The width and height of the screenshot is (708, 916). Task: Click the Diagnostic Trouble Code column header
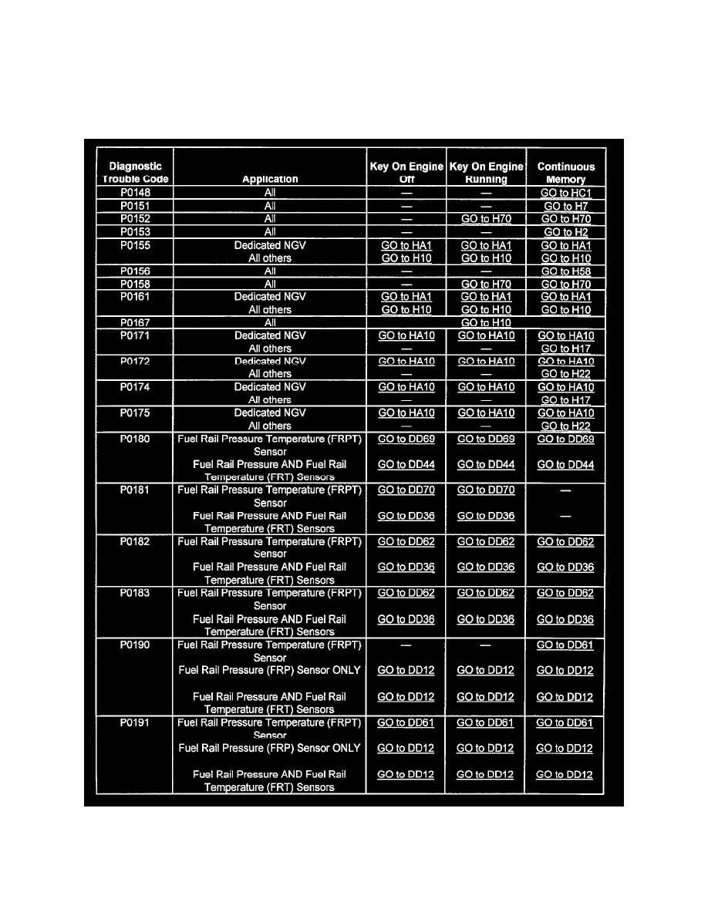pyautogui.click(x=135, y=172)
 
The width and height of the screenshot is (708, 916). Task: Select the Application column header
pyautogui.click(x=270, y=179)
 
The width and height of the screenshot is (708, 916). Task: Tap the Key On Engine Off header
pyautogui.click(x=406, y=172)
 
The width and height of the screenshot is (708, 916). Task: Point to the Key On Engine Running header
pyautogui.click(x=486, y=172)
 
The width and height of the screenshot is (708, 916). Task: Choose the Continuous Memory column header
pyautogui.click(x=566, y=172)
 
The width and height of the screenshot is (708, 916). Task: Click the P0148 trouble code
pyautogui.click(x=135, y=194)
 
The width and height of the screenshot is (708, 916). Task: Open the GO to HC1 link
pyautogui.click(x=566, y=194)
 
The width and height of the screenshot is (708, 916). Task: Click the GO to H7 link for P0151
pyautogui.click(x=566, y=207)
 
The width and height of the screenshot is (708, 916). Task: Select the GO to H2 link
pyautogui.click(x=566, y=232)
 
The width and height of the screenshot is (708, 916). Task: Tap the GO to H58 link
pyautogui.click(x=566, y=271)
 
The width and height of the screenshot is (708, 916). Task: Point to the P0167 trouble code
pyautogui.click(x=135, y=323)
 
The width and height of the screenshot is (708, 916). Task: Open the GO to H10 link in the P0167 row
pyautogui.click(x=486, y=323)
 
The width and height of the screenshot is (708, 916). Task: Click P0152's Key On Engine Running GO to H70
pyautogui.click(x=486, y=220)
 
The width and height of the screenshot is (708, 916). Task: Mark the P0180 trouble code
pyautogui.click(x=135, y=439)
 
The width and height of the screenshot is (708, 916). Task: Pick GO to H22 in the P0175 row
pyautogui.click(x=566, y=426)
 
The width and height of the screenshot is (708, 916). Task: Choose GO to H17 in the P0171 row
pyautogui.click(x=566, y=349)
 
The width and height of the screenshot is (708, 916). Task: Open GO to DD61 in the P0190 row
pyautogui.click(x=565, y=645)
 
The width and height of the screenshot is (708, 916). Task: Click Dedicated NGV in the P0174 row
pyautogui.click(x=270, y=387)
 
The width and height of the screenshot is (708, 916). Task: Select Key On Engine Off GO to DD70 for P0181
pyautogui.click(x=406, y=490)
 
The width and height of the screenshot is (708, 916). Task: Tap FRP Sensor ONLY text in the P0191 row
pyautogui.click(x=270, y=749)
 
